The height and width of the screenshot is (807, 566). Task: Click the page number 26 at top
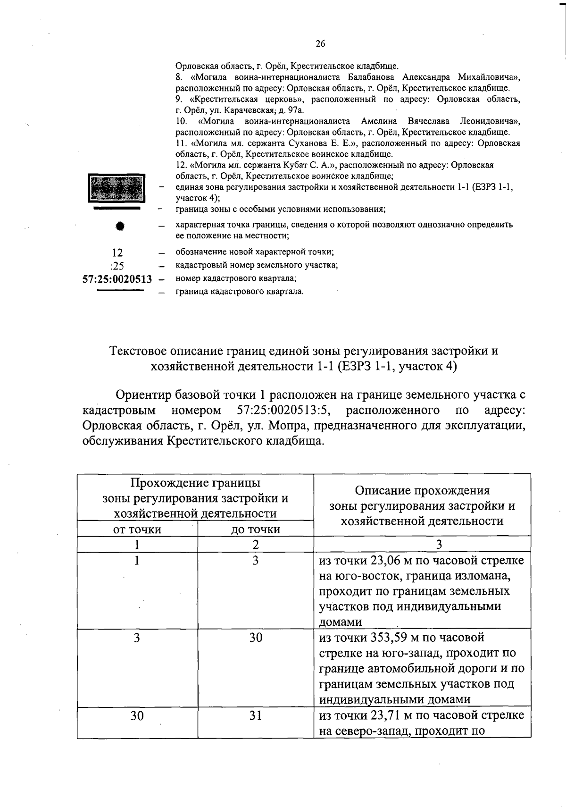point(320,44)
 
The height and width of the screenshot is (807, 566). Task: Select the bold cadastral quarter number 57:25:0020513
point(117,279)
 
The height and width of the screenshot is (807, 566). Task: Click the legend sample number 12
point(117,252)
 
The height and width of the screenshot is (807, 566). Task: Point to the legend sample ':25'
point(117,265)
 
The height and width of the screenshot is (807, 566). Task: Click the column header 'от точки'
point(137,530)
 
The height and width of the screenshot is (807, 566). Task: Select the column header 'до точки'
point(256,530)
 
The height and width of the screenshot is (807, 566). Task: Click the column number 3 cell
point(439,545)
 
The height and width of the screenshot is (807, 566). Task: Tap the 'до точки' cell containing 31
point(256,716)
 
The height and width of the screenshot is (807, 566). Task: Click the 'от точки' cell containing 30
point(137,716)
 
